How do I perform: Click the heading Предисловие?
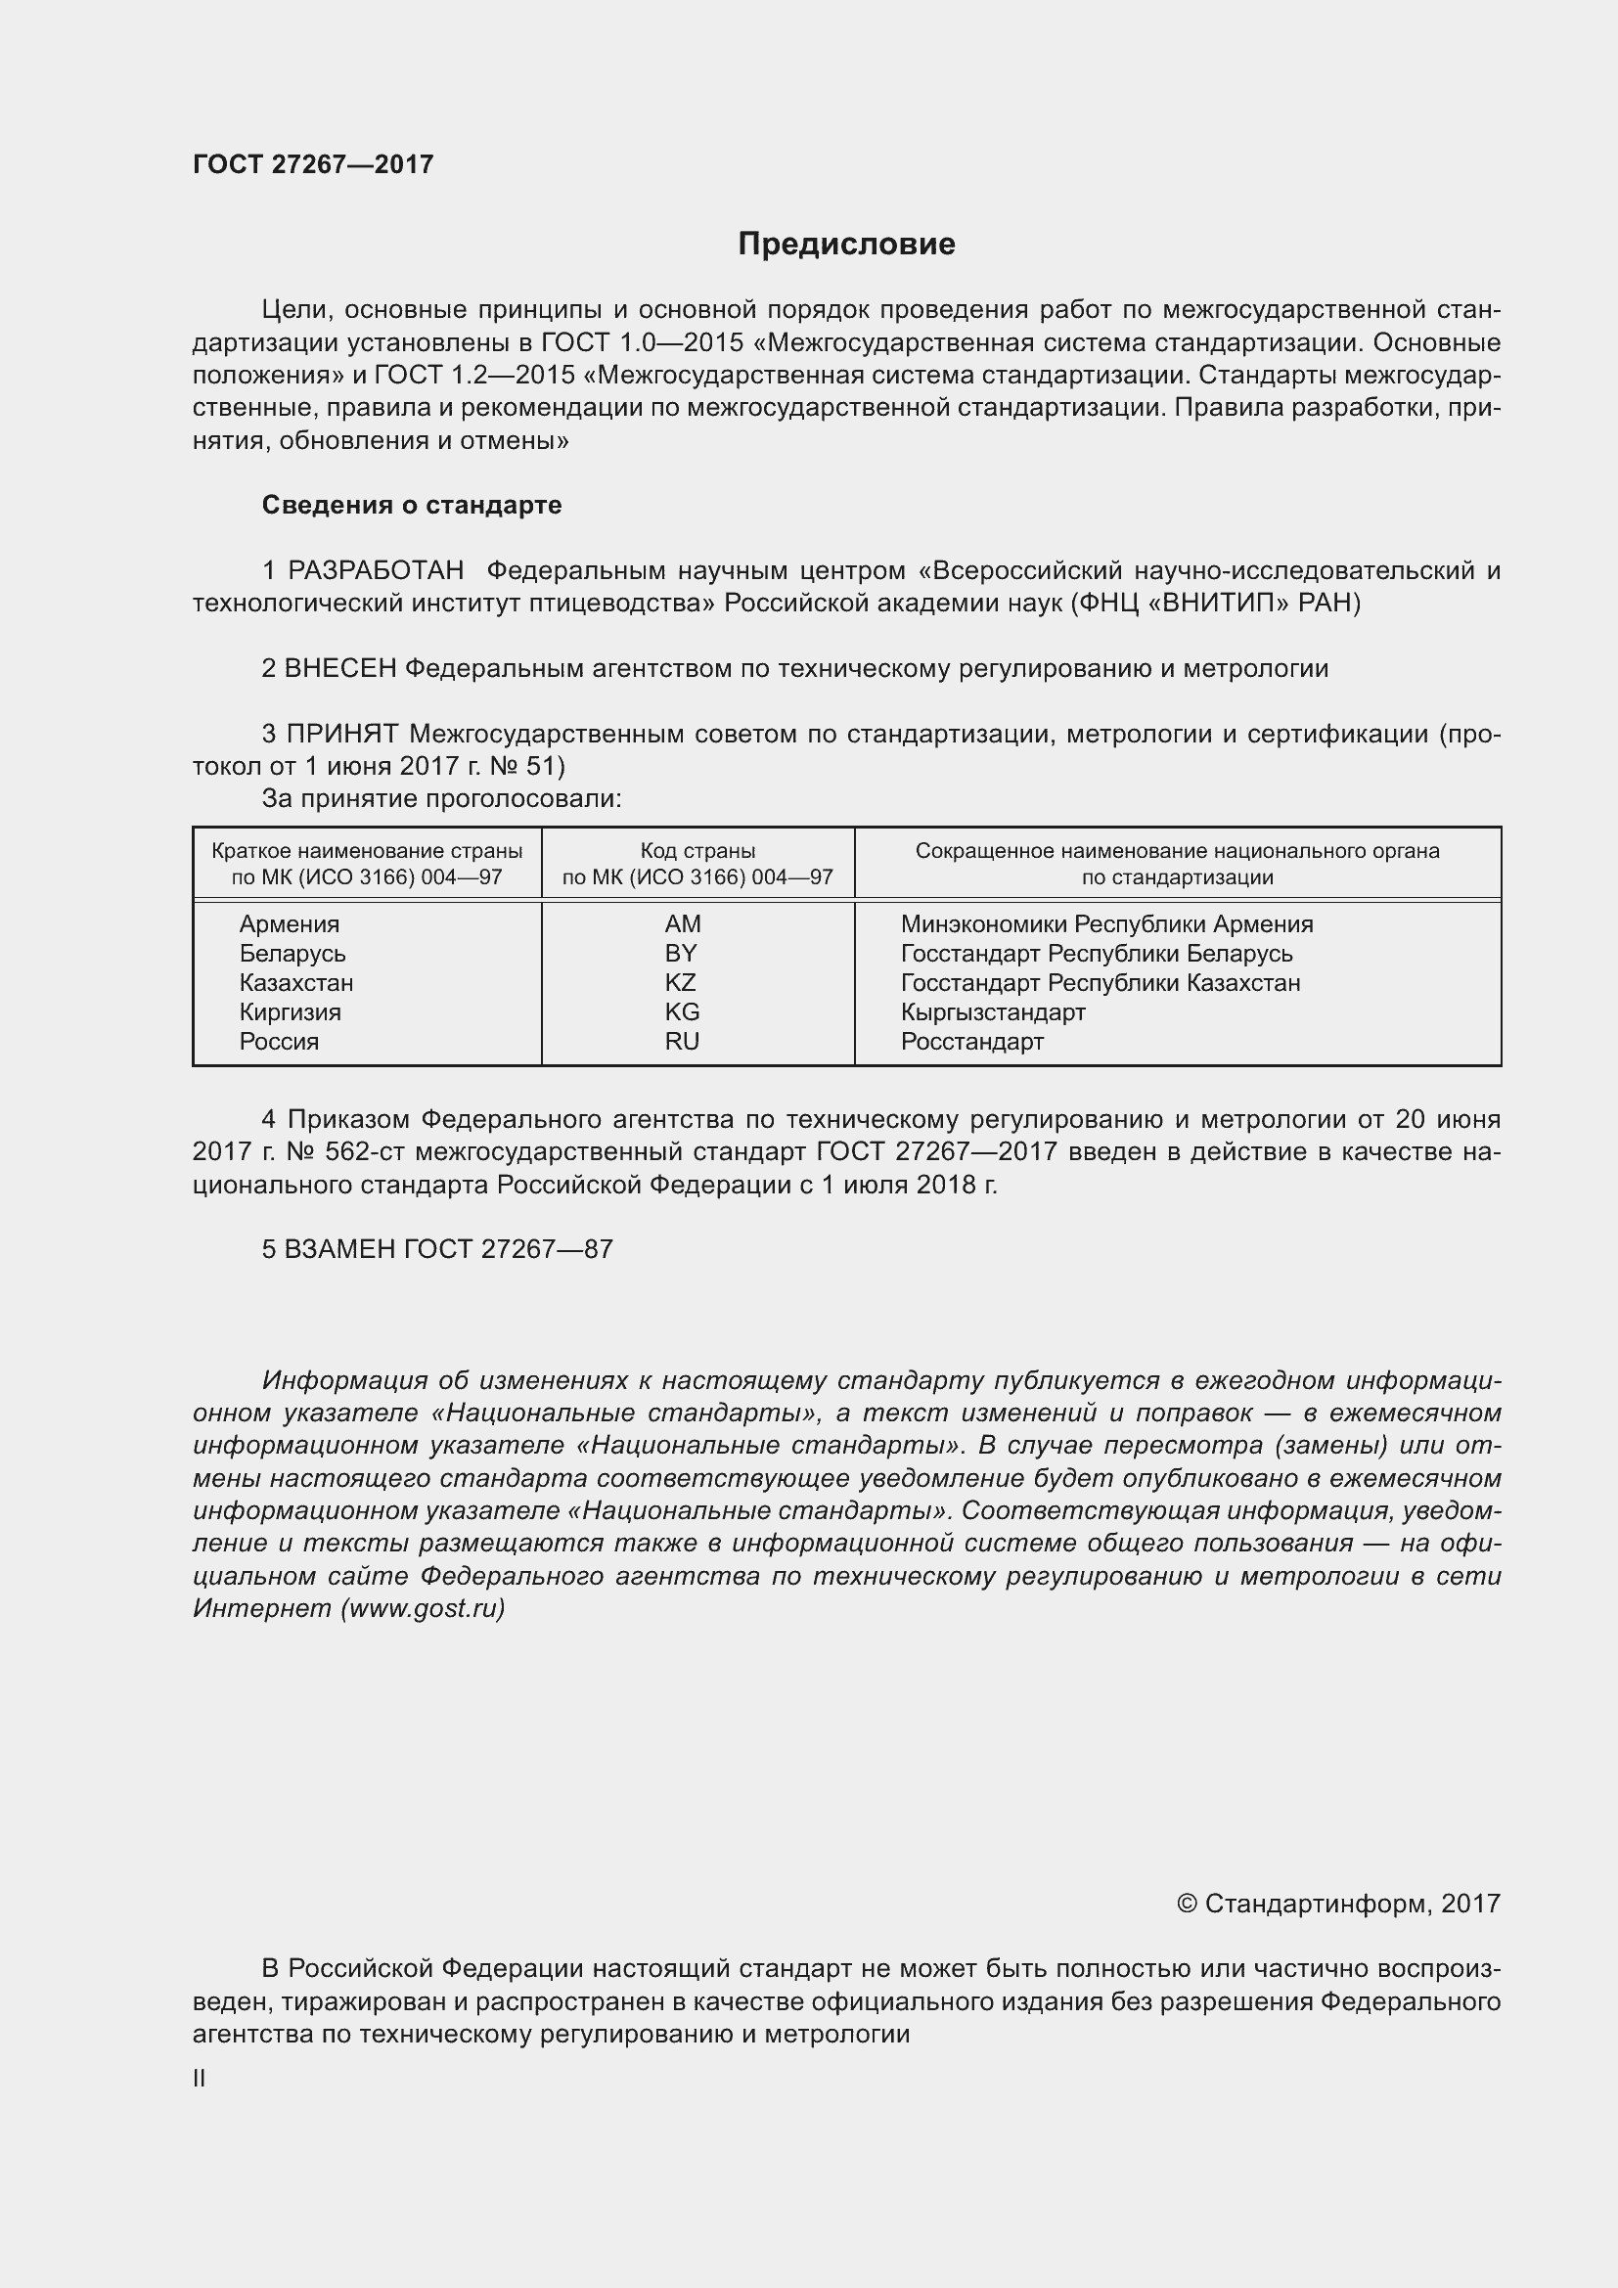click(846, 245)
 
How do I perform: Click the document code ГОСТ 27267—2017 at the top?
click(313, 164)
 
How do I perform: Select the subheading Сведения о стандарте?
click(412, 505)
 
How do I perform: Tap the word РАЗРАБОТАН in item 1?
click(376, 570)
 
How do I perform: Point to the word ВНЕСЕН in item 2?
click(340, 669)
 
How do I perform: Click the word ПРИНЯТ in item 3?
click(342, 735)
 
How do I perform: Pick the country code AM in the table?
click(683, 923)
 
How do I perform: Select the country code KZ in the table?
click(681, 982)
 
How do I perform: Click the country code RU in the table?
click(683, 1042)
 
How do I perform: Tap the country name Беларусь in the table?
click(292, 954)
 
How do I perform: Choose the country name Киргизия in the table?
click(290, 1012)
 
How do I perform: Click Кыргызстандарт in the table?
click(992, 1012)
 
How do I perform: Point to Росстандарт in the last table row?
click(971, 1042)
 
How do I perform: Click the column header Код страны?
click(697, 851)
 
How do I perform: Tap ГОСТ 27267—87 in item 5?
click(508, 1249)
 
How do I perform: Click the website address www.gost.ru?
click(423, 1608)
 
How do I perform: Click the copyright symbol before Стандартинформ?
click(1186, 1905)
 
